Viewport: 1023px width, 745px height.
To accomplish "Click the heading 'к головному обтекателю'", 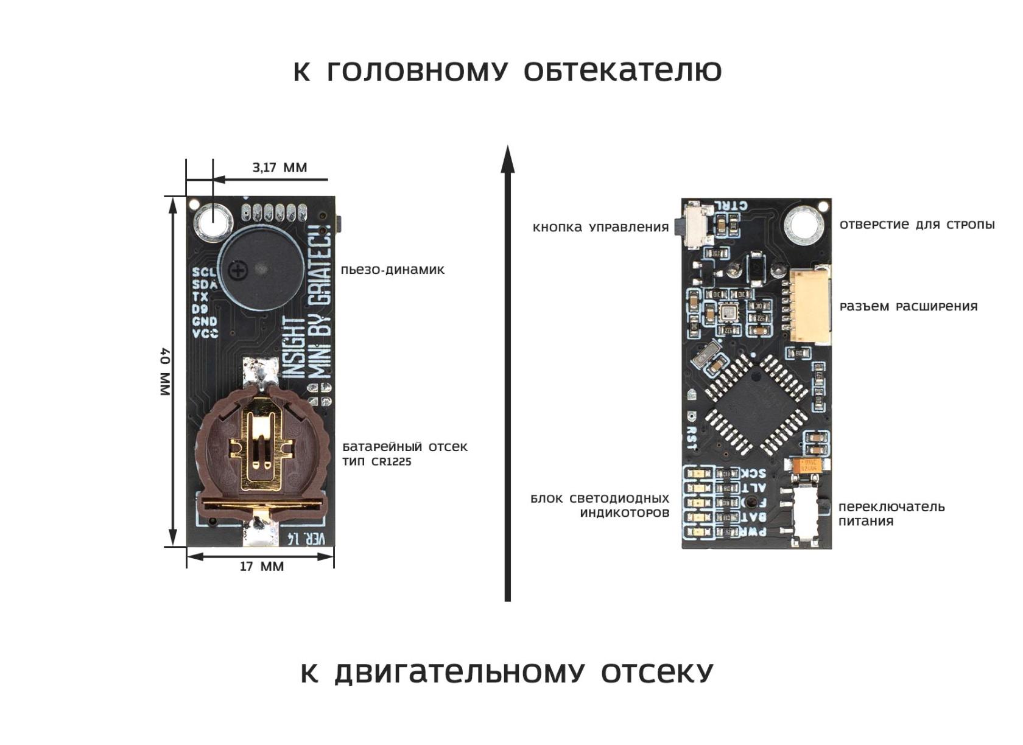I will pos(507,71).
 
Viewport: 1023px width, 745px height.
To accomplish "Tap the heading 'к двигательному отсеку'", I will pos(507,673).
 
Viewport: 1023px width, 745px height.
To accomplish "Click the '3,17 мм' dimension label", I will pos(279,167).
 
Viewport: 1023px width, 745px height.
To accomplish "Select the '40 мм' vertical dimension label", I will pos(165,371).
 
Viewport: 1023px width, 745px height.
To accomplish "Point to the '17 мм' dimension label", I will pos(262,567).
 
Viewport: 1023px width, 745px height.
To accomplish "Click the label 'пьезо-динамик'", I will pos(393,270).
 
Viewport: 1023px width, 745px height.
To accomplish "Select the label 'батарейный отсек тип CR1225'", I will pos(404,453).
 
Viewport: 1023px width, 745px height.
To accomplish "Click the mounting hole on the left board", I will pos(213,220).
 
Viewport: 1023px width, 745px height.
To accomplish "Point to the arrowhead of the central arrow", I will pos(507,159).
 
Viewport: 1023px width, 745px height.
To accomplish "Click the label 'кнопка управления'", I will pos(600,228).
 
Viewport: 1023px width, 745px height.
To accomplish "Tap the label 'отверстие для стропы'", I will pos(917,225).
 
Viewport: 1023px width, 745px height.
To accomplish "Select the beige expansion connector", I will pos(810,304).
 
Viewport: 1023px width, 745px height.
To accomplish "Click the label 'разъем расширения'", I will pos(909,306).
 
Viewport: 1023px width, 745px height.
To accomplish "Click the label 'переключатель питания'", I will pos(891,514).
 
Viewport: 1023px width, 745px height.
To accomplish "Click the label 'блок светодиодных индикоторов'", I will pos(600,505).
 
